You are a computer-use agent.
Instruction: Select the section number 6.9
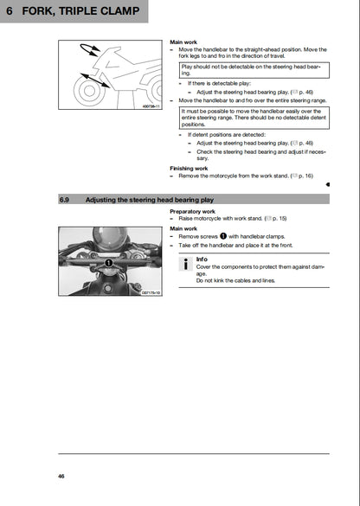pyautogui.click(x=66, y=199)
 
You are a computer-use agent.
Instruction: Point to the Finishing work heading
pyautogui.click(x=191, y=168)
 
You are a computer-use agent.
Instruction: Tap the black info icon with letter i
pyautogui.click(x=186, y=265)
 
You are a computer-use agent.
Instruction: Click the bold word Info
pyautogui.click(x=202, y=259)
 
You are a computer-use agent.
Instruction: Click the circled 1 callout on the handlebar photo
pyautogui.click(x=111, y=262)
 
